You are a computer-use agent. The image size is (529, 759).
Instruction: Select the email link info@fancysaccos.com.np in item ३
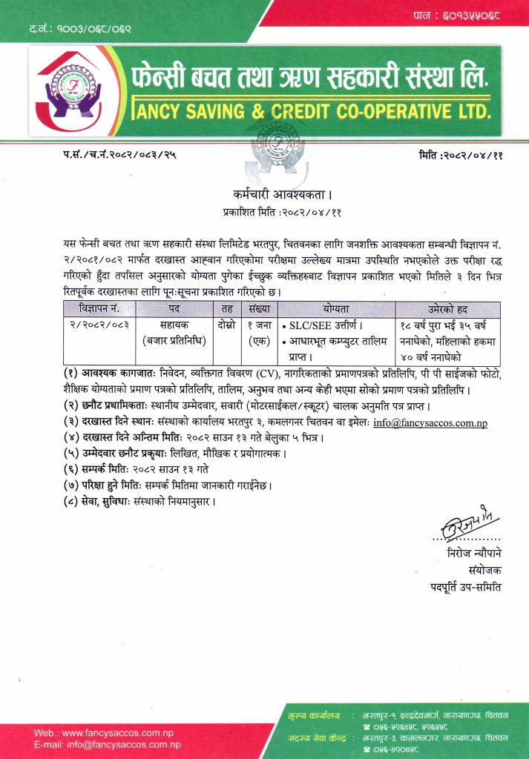[x=430, y=424]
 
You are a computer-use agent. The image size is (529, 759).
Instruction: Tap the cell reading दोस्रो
[x=227, y=325]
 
